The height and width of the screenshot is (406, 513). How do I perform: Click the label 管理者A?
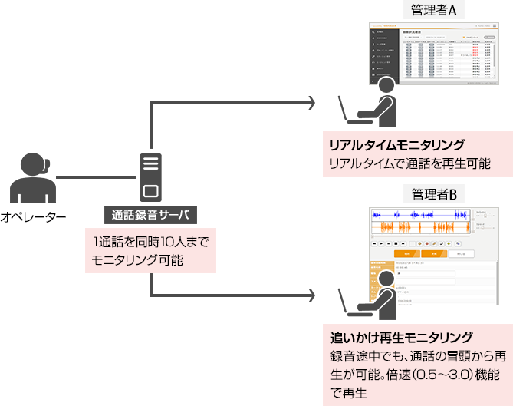point(433,11)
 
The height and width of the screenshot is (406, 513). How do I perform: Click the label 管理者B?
point(433,193)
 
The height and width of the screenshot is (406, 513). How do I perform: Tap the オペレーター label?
point(33,218)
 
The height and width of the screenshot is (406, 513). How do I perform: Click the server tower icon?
point(150,177)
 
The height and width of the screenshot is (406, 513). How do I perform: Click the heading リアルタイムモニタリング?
point(396,145)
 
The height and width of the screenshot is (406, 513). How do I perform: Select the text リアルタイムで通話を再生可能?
point(409,163)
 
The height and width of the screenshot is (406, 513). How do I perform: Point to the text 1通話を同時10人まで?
point(150,243)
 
